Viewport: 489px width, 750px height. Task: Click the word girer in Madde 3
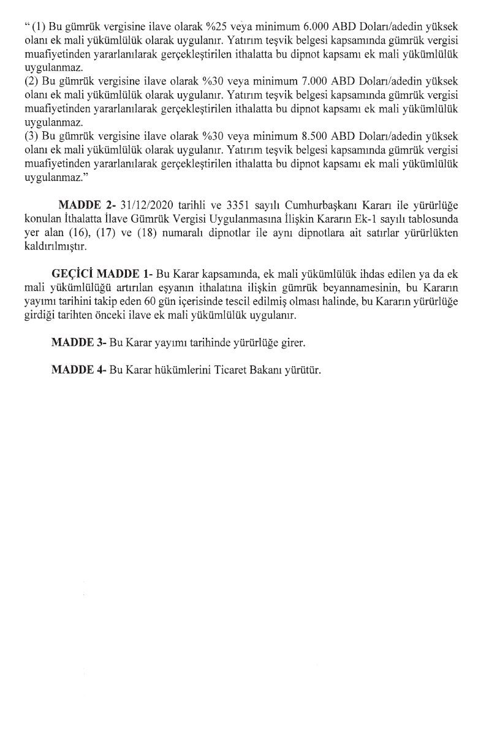coord(292,343)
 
